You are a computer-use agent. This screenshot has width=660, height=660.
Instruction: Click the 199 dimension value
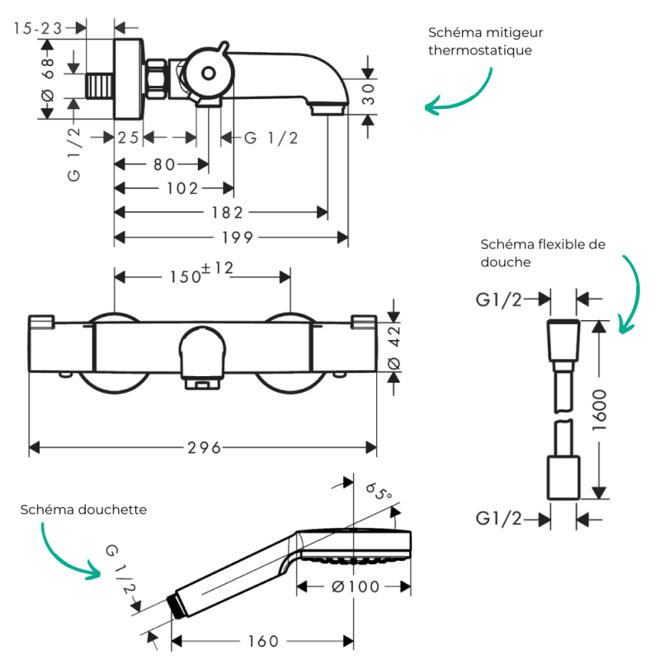(238, 238)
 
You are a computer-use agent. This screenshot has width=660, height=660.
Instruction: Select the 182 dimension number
(228, 213)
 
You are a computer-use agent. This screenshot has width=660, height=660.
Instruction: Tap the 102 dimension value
(182, 188)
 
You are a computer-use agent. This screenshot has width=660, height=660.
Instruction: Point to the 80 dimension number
(164, 164)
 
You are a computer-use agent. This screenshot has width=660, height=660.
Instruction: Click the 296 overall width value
(204, 447)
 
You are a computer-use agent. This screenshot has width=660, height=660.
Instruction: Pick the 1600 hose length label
(600, 410)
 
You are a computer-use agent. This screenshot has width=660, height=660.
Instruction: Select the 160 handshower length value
(263, 641)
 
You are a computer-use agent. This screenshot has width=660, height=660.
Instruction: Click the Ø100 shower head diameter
(356, 587)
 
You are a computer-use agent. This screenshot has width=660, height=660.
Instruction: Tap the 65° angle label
(379, 491)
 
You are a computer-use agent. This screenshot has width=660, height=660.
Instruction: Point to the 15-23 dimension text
(38, 28)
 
